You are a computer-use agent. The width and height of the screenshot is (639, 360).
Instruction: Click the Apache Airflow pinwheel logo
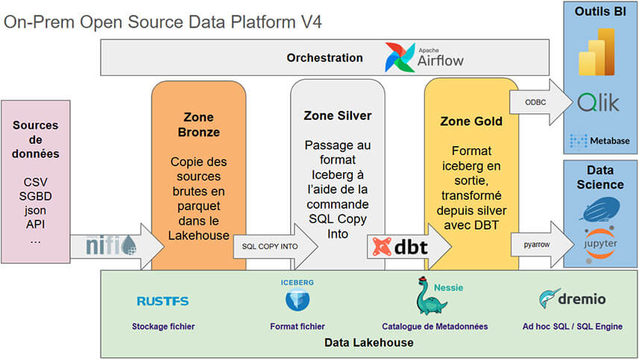pyautogui.click(x=400, y=58)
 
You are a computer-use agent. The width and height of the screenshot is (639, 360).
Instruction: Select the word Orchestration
pyautogui.click(x=324, y=57)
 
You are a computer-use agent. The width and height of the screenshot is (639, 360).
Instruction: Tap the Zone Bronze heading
pyautogui.click(x=198, y=124)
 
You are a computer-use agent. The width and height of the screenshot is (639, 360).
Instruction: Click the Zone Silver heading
pyautogui.click(x=338, y=116)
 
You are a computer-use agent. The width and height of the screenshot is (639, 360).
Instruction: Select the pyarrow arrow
pyautogui.click(x=535, y=244)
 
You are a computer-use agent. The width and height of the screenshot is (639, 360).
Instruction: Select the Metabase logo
pyautogui.click(x=599, y=141)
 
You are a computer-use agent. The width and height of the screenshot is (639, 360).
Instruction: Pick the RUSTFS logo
pyautogui.click(x=163, y=300)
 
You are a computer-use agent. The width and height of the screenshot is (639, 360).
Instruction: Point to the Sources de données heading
pyautogui.click(x=36, y=139)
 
